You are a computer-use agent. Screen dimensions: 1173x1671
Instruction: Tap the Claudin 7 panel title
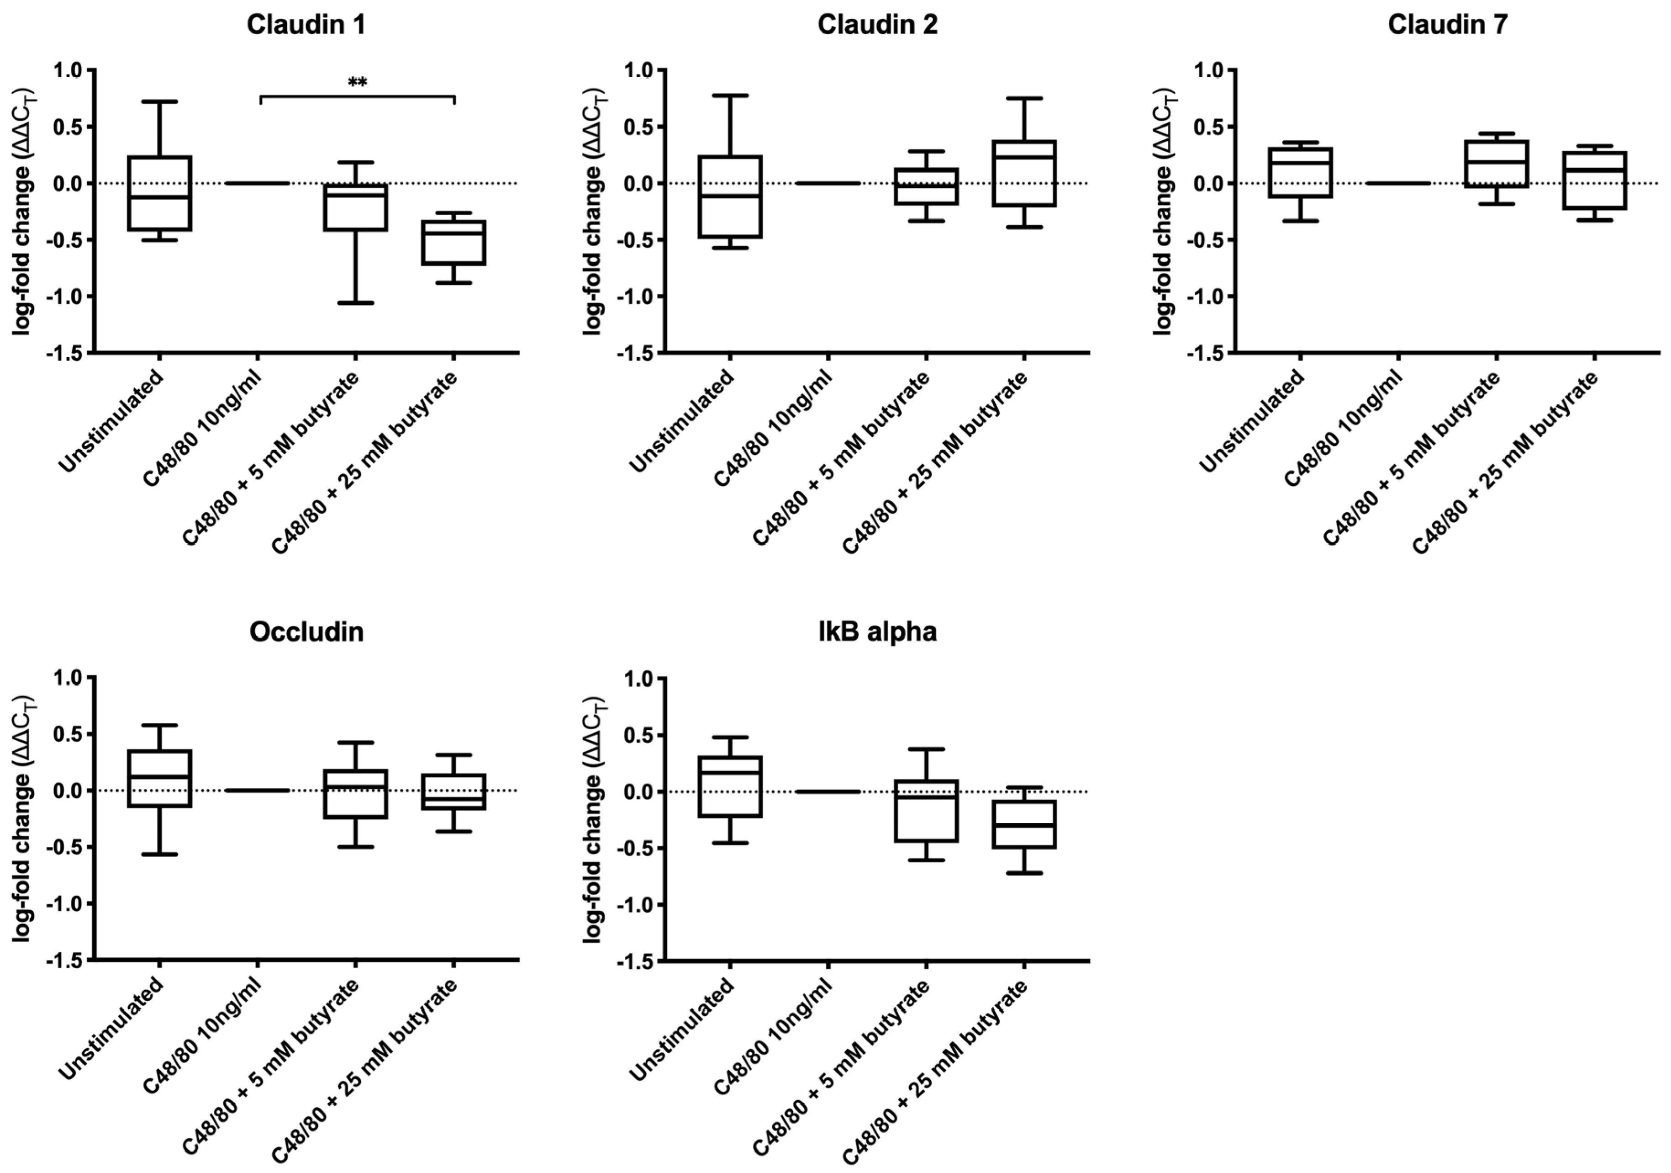(x=1448, y=25)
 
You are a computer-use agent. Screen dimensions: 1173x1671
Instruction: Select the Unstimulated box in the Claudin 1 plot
(x=159, y=193)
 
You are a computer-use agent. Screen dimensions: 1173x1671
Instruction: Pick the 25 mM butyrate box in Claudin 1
(x=453, y=243)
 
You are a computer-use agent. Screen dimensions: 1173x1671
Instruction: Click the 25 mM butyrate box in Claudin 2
(x=1024, y=173)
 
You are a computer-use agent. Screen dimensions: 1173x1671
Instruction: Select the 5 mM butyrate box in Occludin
(x=355, y=794)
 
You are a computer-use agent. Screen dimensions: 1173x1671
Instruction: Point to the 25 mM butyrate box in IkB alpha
(x=1024, y=824)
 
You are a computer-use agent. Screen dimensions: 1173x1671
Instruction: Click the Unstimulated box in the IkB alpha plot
(x=730, y=786)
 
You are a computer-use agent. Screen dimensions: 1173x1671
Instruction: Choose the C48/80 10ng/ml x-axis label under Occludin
(x=201, y=1038)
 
